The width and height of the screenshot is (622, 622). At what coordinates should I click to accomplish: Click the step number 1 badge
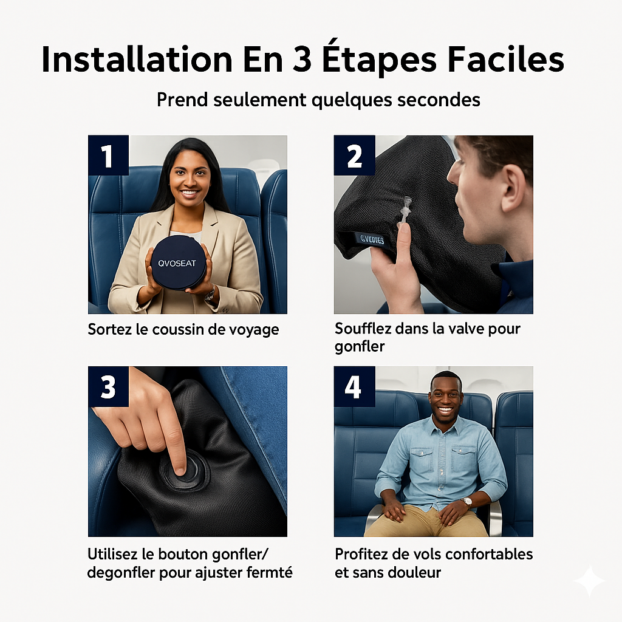click(x=108, y=155)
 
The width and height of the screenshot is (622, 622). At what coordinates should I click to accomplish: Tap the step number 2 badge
click(x=354, y=155)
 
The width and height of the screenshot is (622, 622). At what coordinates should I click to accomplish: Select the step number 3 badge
click(x=108, y=386)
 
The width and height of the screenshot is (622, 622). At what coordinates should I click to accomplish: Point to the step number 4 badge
click(x=354, y=386)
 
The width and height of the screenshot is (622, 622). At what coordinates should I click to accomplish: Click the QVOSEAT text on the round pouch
click(x=177, y=264)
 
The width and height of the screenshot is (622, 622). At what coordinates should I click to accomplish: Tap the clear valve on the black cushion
click(x=406, y=210)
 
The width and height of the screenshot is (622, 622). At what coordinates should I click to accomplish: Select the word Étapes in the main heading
click(x=380, y=59)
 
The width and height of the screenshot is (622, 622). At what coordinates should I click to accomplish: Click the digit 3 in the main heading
click(x=302, y=60)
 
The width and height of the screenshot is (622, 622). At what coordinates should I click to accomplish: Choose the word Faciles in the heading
click(x=506, y=60)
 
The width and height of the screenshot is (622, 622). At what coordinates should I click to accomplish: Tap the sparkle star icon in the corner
click(x=589, y=581)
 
